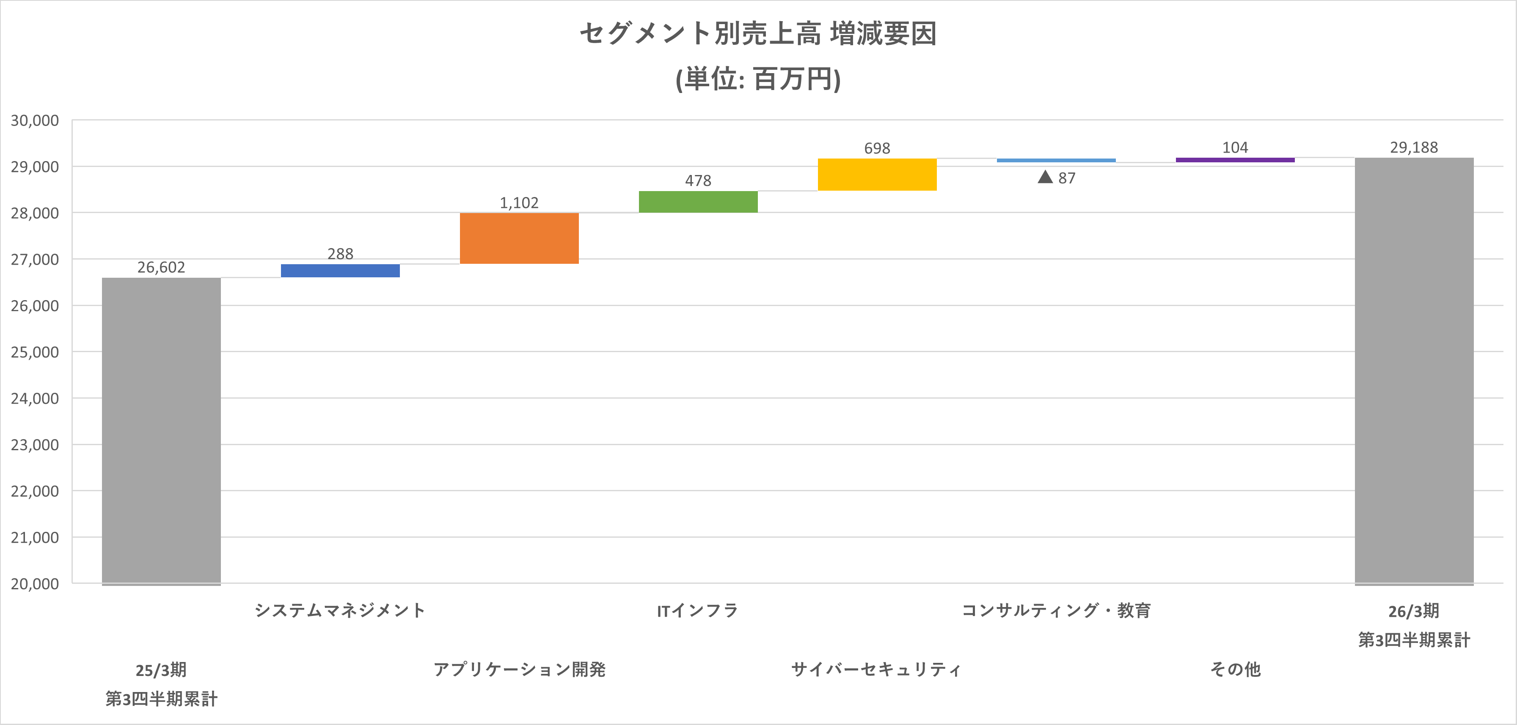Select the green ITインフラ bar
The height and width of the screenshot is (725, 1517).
coord(698,201)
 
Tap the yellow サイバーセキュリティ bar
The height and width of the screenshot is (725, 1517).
coord(877,174)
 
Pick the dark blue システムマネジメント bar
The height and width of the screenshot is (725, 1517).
coord(340,270)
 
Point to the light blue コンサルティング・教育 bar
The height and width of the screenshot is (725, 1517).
coord(1056,160)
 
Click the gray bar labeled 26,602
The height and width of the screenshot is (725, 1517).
coord(161,430)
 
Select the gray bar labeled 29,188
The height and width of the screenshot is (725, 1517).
coord(1414,371)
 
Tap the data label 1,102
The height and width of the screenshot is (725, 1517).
coord(519,202)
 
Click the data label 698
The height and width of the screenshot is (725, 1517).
coord(877,148)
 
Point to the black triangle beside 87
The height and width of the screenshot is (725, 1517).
coord(1045,177)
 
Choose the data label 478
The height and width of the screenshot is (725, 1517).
coord(698,181)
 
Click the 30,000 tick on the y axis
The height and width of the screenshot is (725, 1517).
coord(35,120)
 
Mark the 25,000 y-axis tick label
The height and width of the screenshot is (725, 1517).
coord(35,352)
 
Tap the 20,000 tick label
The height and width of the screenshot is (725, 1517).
coord(35,584)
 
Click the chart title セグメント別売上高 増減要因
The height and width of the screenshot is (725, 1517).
coord(758,33)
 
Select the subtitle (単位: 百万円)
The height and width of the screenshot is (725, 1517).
coord(758,79)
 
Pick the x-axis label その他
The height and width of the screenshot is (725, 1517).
coord(1235,669)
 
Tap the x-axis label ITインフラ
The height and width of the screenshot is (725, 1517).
coord(697,610)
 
